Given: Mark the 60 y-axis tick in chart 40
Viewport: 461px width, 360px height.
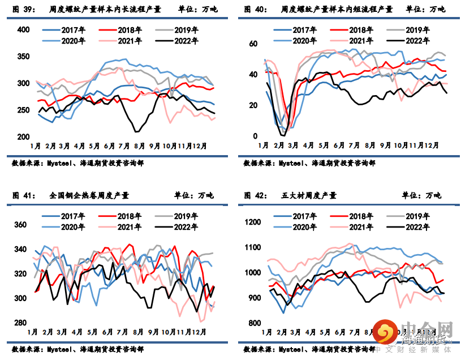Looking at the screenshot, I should click(x=254, y=44).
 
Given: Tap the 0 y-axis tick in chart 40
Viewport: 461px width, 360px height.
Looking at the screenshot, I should click(x=256, y=136).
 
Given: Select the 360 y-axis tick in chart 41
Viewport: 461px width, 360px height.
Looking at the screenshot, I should click(x=20, y=225).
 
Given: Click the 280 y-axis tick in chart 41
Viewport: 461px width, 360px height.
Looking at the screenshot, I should click(x=20, y=323).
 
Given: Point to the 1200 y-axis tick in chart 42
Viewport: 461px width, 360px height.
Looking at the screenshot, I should click(x=252, y=222).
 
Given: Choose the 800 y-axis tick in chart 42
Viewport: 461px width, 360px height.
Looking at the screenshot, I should click(x=254, y=323).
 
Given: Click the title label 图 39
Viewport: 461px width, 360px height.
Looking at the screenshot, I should click(x=24, y=9).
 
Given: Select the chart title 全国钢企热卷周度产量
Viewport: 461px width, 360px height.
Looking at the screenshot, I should click(x=89, y=195).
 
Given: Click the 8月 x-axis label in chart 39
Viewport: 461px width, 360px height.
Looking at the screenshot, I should click(x=139, y=145).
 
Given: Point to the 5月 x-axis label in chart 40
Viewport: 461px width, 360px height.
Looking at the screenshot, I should click(x=324, y=145).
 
